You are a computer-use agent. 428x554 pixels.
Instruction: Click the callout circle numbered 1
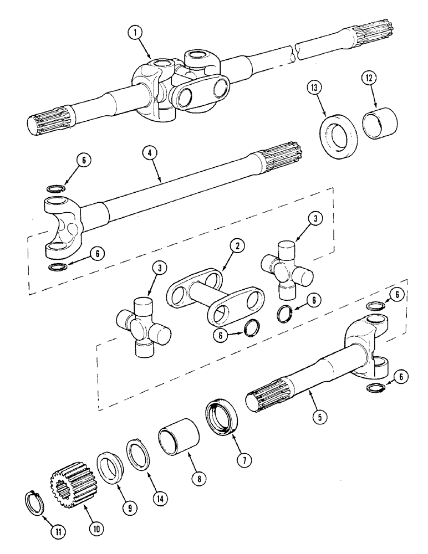click(x=134, y=32)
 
